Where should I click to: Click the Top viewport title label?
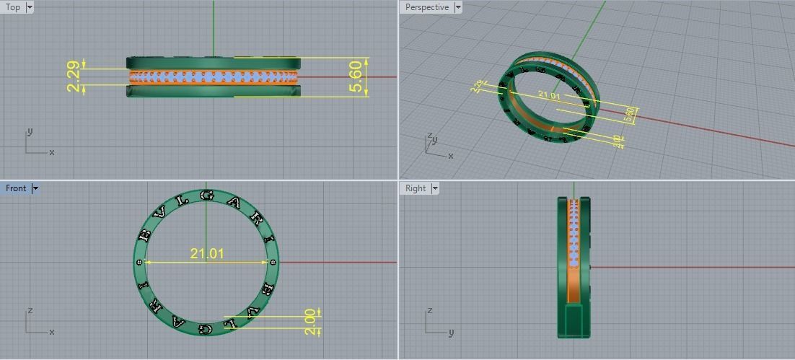[13, 7]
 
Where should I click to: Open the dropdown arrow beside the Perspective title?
[458, 7]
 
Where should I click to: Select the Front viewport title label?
[16, 188]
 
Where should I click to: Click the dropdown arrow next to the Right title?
[435, 188]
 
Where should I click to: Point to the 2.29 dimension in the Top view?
[74, 76]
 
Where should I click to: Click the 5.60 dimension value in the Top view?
[355, 76]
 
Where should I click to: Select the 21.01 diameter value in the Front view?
[207, 253]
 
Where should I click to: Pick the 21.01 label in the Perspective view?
[548, 95]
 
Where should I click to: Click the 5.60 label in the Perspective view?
[629, 113]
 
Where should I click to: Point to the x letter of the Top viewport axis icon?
[52, 152]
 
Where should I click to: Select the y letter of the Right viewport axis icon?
[451, 333]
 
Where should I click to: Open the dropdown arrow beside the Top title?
[30, 7]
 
